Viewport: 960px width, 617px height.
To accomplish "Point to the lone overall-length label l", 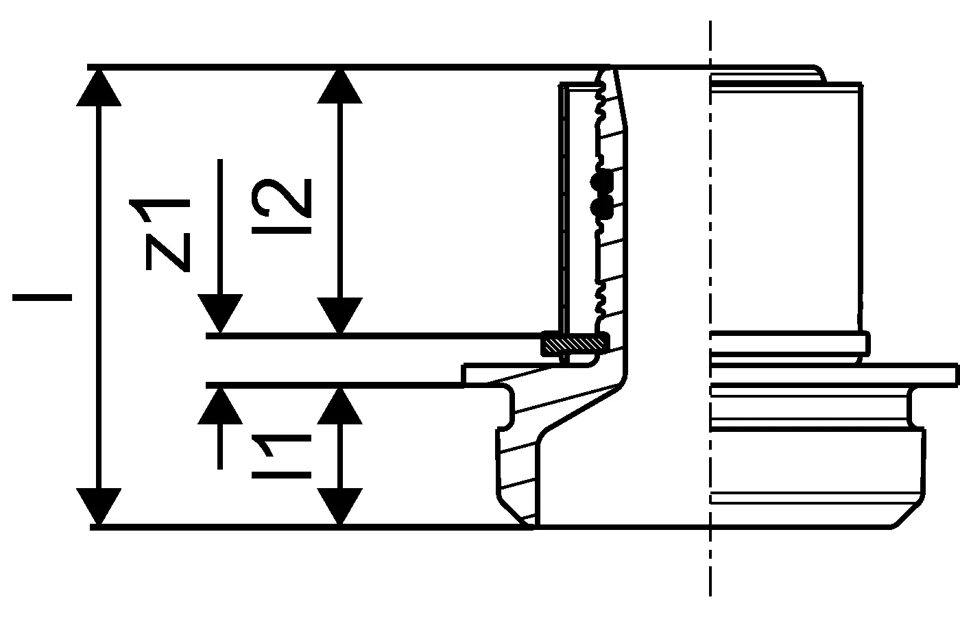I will point(42,297).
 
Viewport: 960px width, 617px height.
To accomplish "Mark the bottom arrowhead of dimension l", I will point(99,507).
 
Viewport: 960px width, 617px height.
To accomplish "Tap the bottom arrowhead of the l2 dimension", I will point(339,316).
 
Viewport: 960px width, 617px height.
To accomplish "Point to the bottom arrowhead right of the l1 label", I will point(339,507).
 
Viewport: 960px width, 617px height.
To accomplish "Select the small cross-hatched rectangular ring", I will point(575,343).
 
